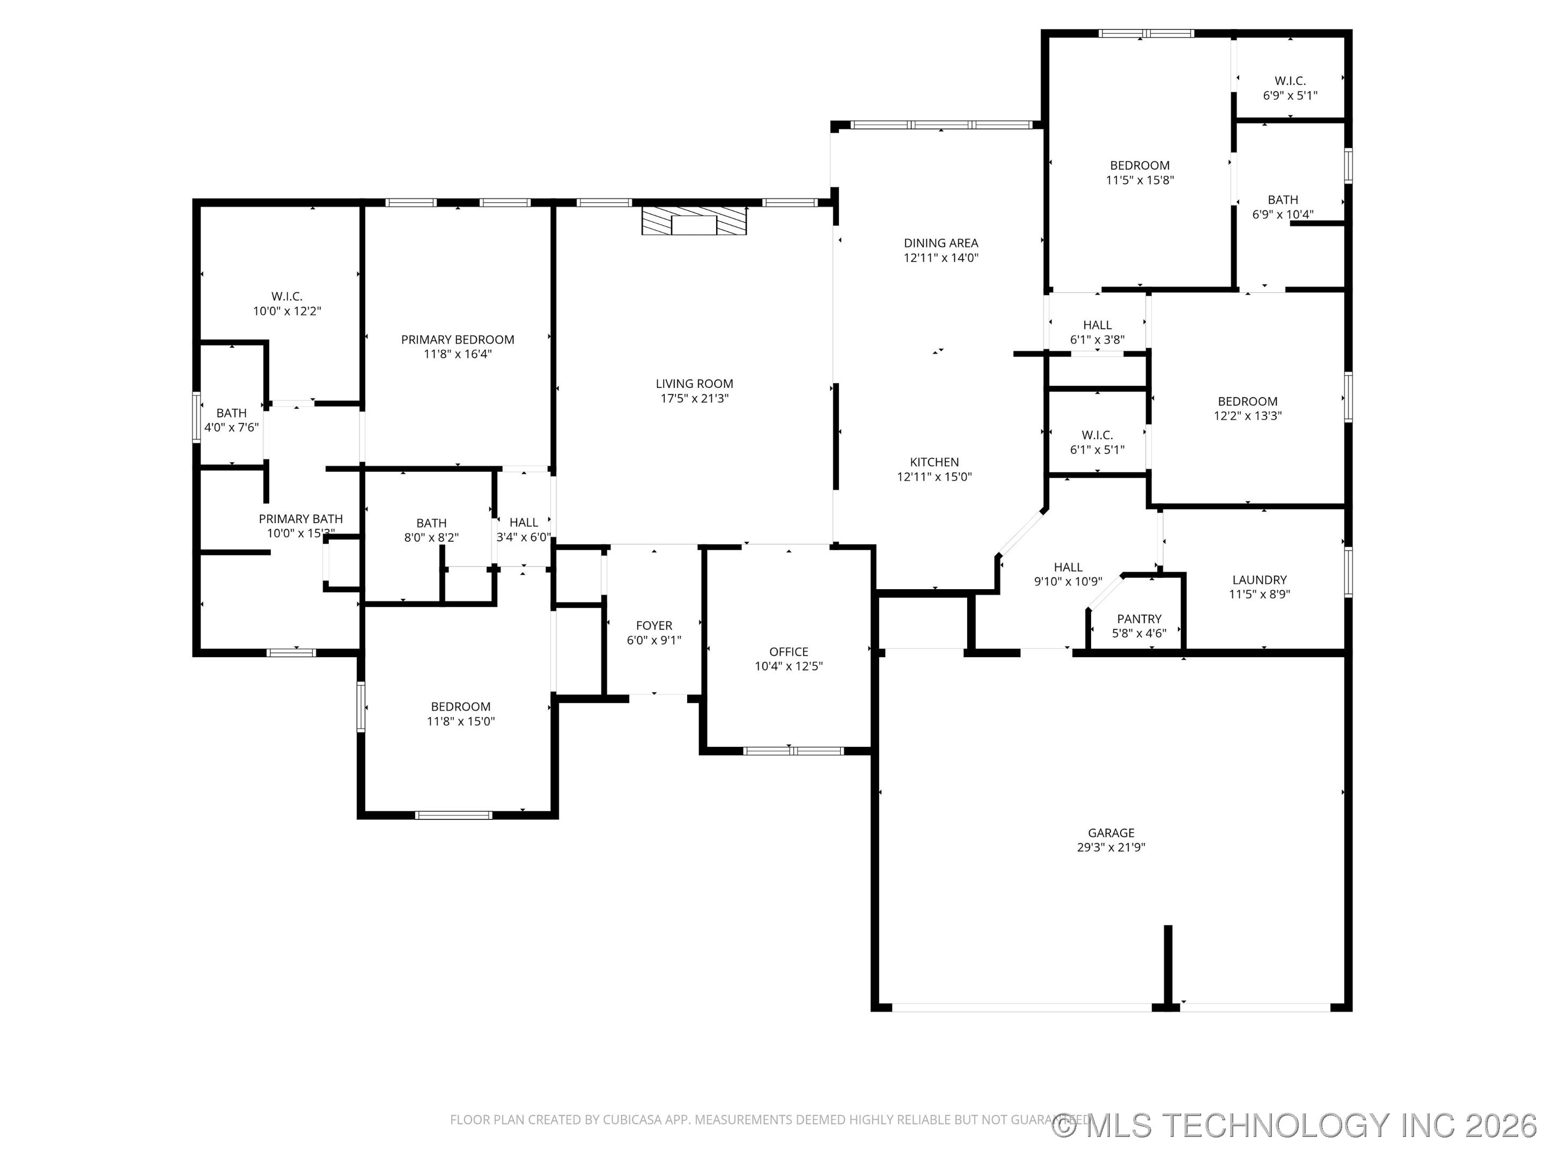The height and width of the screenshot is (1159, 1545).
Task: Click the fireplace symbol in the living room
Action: (694, 220)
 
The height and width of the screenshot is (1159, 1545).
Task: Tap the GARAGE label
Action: (1110, 833)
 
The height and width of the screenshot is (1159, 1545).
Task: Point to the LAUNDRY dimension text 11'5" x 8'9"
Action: (1259, 595)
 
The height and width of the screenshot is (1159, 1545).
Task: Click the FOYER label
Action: (654, 626)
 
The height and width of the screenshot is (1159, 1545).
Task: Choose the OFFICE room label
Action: (789, 652)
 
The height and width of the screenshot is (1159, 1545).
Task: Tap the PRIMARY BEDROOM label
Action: (458, 340)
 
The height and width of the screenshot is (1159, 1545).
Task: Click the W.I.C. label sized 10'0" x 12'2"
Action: (287, 296)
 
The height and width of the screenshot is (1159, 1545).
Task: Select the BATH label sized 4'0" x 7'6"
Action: (231, 413)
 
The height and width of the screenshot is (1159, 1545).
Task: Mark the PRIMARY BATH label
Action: (300, 518)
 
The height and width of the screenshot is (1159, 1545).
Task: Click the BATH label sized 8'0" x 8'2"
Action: (431, 523)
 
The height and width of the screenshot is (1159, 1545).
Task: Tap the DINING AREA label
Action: (941, 243)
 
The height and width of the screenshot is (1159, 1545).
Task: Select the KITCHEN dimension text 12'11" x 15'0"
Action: (934, 477)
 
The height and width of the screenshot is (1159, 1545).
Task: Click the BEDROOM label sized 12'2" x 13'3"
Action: (1247, 402)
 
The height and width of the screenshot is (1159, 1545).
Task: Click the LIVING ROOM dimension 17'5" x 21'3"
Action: (694, 399)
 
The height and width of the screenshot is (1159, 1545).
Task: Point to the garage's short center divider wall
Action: (1167, 967)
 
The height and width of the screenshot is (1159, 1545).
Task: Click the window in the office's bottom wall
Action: (793, 751)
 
